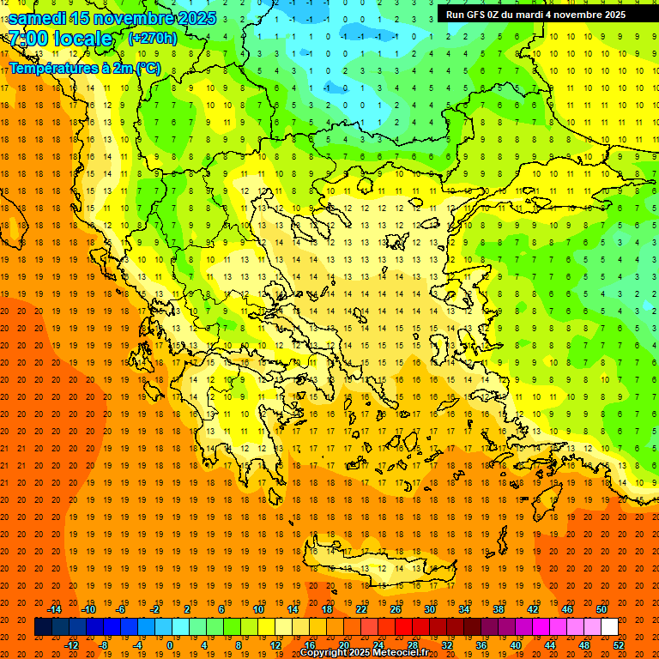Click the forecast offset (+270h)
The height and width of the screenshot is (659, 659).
pos(153,39)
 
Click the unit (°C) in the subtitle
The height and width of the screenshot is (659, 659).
pos(148,68)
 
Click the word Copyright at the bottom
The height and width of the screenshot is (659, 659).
pos(323,653)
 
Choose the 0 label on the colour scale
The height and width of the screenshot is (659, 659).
pos(170,645)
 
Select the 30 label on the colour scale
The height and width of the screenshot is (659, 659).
pos(429,609)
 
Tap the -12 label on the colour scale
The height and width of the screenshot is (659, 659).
pos(71,645)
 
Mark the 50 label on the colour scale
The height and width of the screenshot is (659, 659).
pos(602,609)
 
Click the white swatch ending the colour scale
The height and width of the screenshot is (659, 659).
pos(609,627)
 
